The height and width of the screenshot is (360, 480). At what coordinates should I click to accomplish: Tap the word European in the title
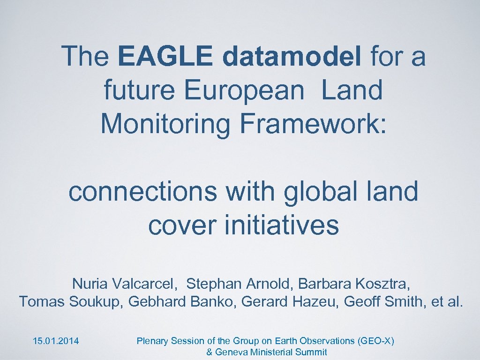[244, 90]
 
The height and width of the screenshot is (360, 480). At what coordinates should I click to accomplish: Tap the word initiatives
[281, 225]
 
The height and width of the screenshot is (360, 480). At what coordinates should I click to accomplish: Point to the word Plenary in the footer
[151, 341]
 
